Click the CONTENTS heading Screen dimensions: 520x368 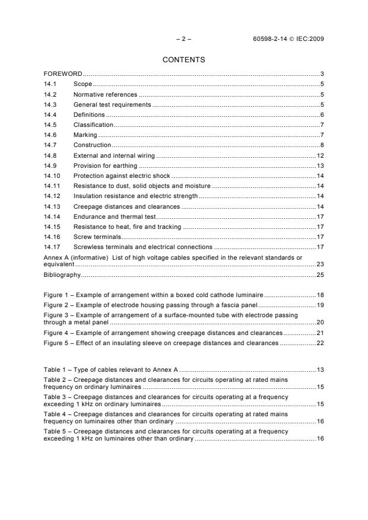tap(183, 60)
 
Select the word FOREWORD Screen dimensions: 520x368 tap(62, 74)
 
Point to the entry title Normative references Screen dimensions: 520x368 tap(105, 94)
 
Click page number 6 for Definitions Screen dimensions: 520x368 tap(321, 114)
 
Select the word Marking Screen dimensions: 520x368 tap(84, 135)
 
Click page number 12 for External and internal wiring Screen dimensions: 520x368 tap(319, 155)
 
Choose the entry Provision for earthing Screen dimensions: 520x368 tap(105, 165)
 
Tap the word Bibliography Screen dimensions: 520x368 tap(61, 275)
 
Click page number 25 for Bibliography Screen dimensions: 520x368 tap(319, 275)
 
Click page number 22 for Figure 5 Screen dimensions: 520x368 tap(319, 342)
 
